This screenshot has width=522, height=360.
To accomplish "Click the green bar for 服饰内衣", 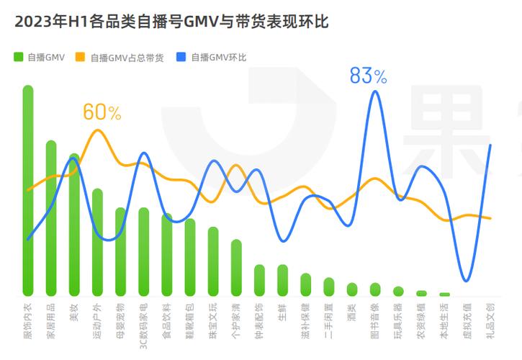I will [x=28, y=191].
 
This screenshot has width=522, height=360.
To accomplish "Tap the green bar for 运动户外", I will [x=97, y=242].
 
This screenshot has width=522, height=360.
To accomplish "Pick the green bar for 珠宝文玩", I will [x=213, y=261].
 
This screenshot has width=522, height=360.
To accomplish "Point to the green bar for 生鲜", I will [x=282, y=280].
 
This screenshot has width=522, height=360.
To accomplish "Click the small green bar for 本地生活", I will [x=444, y=294].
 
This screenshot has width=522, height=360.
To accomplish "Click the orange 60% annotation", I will [x=102, y=112].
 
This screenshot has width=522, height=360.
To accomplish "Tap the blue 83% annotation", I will [x=368, y=76].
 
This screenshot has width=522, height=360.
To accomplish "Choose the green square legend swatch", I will [x=18, y=57].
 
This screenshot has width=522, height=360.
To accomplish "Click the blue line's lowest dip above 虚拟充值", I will [x=466, y=280].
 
